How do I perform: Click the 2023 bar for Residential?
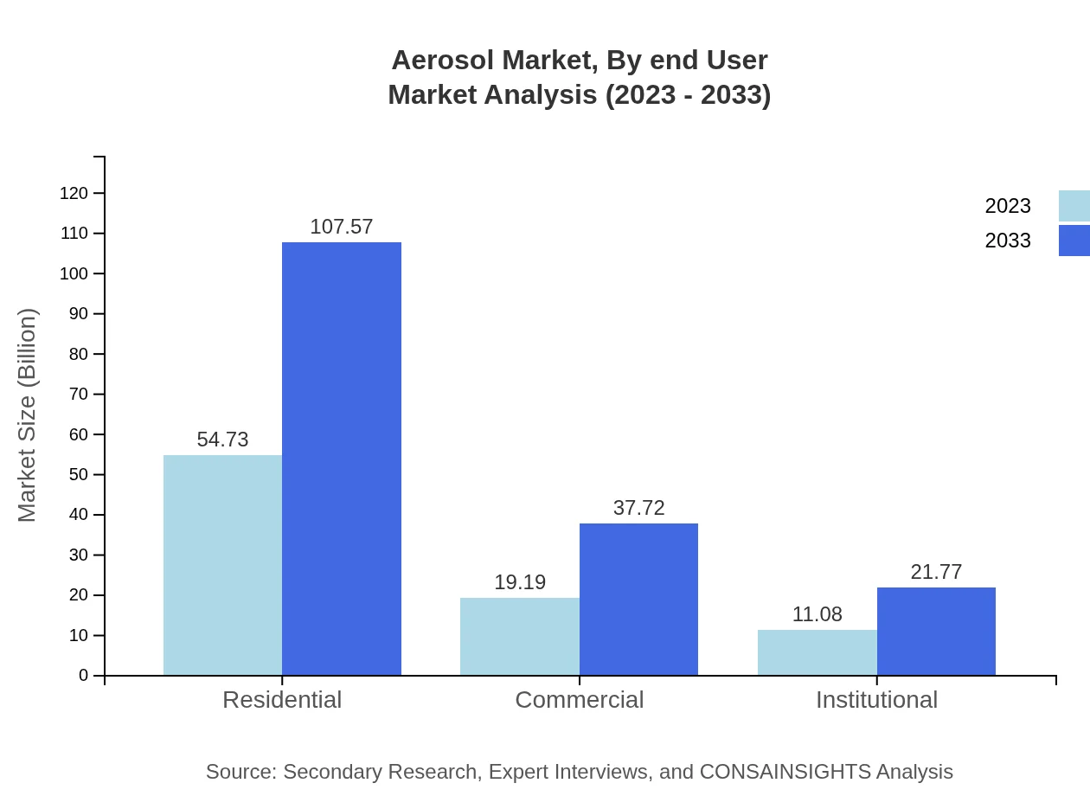pos(222,565)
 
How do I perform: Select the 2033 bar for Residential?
pos(342,459)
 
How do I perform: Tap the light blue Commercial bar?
pos(519,636)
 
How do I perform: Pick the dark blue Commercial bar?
pos(638,599)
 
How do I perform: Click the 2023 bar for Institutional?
pos(817,652)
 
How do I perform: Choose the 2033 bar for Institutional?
pos(936,631)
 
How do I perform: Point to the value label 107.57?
pos(342,227)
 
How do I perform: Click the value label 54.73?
pos(222,440)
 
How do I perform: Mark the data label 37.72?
pos(638,508)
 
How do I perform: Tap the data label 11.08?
pos(817,614)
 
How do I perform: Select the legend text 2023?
pos(1008,206)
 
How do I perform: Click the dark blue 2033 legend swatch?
pos(1074,241)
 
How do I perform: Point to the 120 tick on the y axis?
pos(74,193)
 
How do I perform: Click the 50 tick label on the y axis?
pos(79,474)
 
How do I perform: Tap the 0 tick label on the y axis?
pos(84,675)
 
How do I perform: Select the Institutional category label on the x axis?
pos(876,699)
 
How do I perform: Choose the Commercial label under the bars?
pos(579,699)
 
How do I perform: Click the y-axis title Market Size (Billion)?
pos(27,415)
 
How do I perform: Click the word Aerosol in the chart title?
pos(443,61)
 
